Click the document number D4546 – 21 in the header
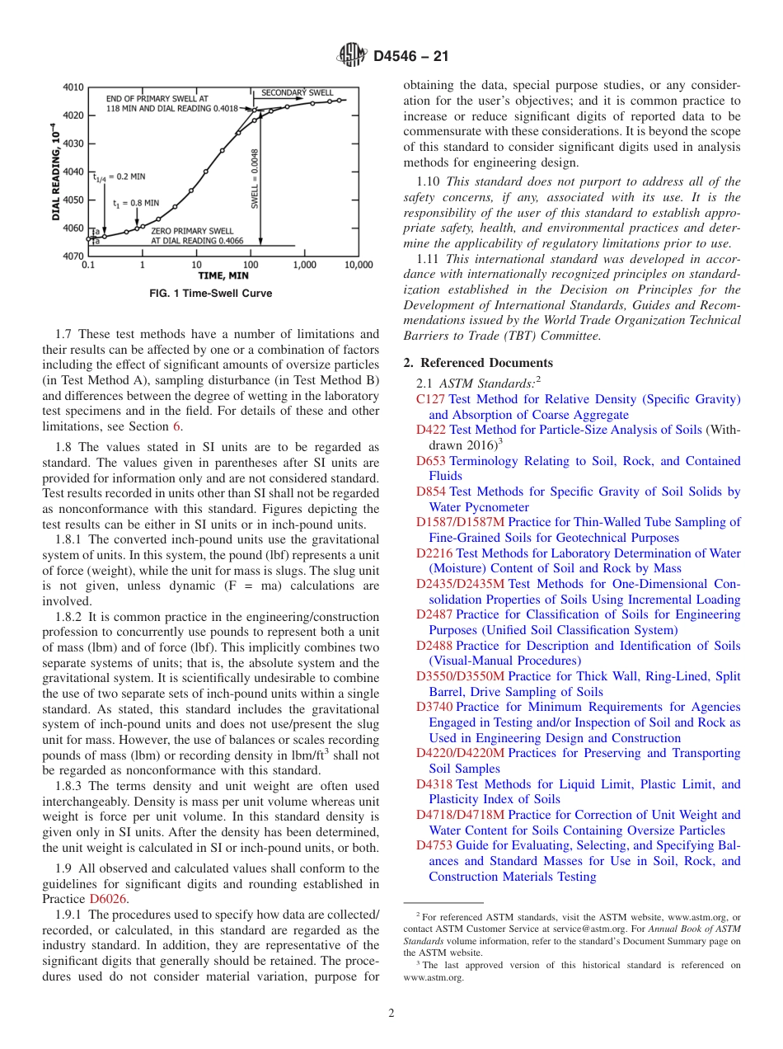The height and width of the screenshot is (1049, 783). tap(410, 57)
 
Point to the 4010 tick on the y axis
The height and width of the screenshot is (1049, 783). tap(73, 87)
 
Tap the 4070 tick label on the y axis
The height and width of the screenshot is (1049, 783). tap(73, 256)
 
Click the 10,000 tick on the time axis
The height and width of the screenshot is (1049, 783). tap(358, 266)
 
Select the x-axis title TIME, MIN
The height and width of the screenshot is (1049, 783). tap(223, 276)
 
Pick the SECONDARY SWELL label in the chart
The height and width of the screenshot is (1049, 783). tap(298, 92)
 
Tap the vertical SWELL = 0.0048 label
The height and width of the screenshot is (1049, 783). tap(256, 178)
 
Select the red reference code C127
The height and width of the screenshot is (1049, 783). tap(430, 399)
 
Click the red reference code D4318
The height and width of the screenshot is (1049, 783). tap(434, 784)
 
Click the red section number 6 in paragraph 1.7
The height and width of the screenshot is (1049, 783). tap(176, 426)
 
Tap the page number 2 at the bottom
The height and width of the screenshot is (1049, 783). tap(391, 1014)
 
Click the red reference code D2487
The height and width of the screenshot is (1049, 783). tap(434, 614)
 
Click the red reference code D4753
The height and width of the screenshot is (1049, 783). tap(434, 845)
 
